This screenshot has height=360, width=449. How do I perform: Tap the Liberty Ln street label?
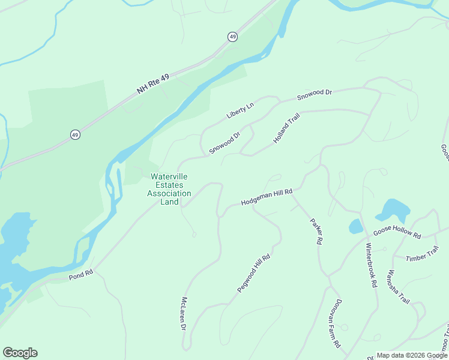(240, 110)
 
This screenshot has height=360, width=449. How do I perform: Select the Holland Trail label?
(286, 127)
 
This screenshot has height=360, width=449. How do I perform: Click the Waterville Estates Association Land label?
(169, 189)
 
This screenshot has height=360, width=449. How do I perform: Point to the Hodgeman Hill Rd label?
(266, 197)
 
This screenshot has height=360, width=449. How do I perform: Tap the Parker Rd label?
(316, 231)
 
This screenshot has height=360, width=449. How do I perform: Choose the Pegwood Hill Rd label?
(254, 274)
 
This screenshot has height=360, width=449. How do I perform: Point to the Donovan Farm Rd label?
(334, 323)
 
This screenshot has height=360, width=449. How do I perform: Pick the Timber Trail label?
(423, 254)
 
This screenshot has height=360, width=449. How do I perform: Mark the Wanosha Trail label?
(398, 287)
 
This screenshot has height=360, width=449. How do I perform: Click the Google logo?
(20, 353)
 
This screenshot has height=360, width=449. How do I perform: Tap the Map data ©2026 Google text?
(412, 355)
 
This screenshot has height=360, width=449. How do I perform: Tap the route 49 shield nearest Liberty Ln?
(232, 37)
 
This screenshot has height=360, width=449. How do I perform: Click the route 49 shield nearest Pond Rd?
(74, 134)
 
